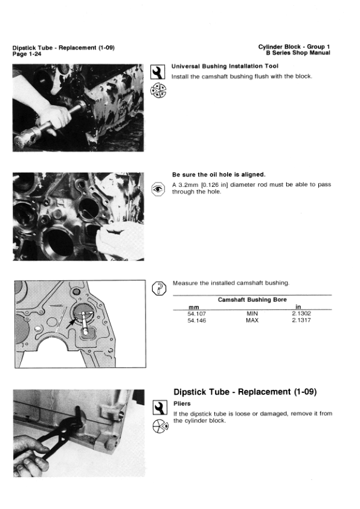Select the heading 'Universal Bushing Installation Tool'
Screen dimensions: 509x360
216,66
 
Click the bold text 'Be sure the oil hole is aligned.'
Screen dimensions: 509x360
218,175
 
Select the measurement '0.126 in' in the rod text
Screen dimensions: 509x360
225,184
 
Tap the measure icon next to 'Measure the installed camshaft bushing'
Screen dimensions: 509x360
159,287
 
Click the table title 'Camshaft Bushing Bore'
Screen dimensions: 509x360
252,300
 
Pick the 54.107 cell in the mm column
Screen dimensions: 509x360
198,314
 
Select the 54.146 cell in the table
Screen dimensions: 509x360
198,320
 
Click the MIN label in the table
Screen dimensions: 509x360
252,314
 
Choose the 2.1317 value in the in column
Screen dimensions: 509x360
301,320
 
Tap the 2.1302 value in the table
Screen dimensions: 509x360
301,314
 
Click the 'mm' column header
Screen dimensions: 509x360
194,307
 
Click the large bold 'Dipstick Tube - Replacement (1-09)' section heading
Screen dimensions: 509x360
245,392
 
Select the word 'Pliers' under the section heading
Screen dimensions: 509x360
182,403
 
